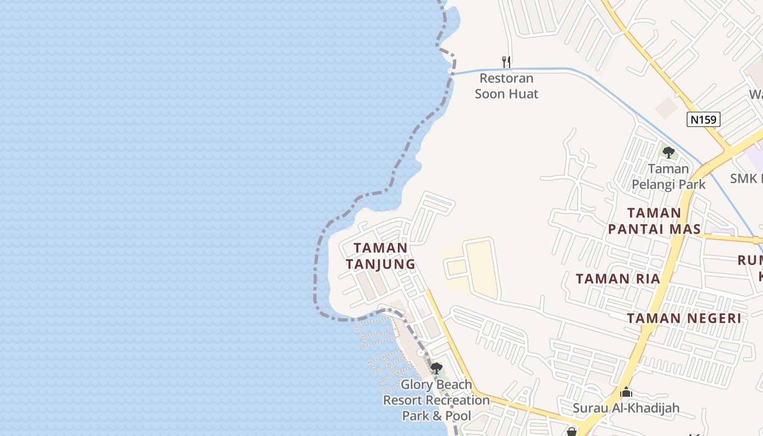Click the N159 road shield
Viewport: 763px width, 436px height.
point(703,119)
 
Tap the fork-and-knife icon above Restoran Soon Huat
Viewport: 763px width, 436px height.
point(506,62)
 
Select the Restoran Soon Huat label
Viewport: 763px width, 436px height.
point(506,86)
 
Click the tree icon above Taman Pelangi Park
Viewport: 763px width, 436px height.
point(669,153)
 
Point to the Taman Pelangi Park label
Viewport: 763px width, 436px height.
point(669,177)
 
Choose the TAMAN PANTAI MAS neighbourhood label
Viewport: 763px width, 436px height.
point(653,221)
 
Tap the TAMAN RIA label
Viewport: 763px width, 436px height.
point(618,279)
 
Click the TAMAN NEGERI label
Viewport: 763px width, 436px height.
point(684,318)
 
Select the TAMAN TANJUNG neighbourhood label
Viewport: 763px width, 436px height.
point(380,256)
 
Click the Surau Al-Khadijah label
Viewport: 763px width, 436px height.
point(626,408)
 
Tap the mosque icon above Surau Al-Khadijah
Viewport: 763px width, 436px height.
point(626,392)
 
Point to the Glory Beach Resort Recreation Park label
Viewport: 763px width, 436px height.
point(437,400)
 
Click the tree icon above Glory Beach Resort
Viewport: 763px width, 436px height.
point(436,368)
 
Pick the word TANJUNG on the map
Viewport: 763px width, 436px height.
point(380,264)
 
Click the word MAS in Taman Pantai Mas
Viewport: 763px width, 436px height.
point(683,229)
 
